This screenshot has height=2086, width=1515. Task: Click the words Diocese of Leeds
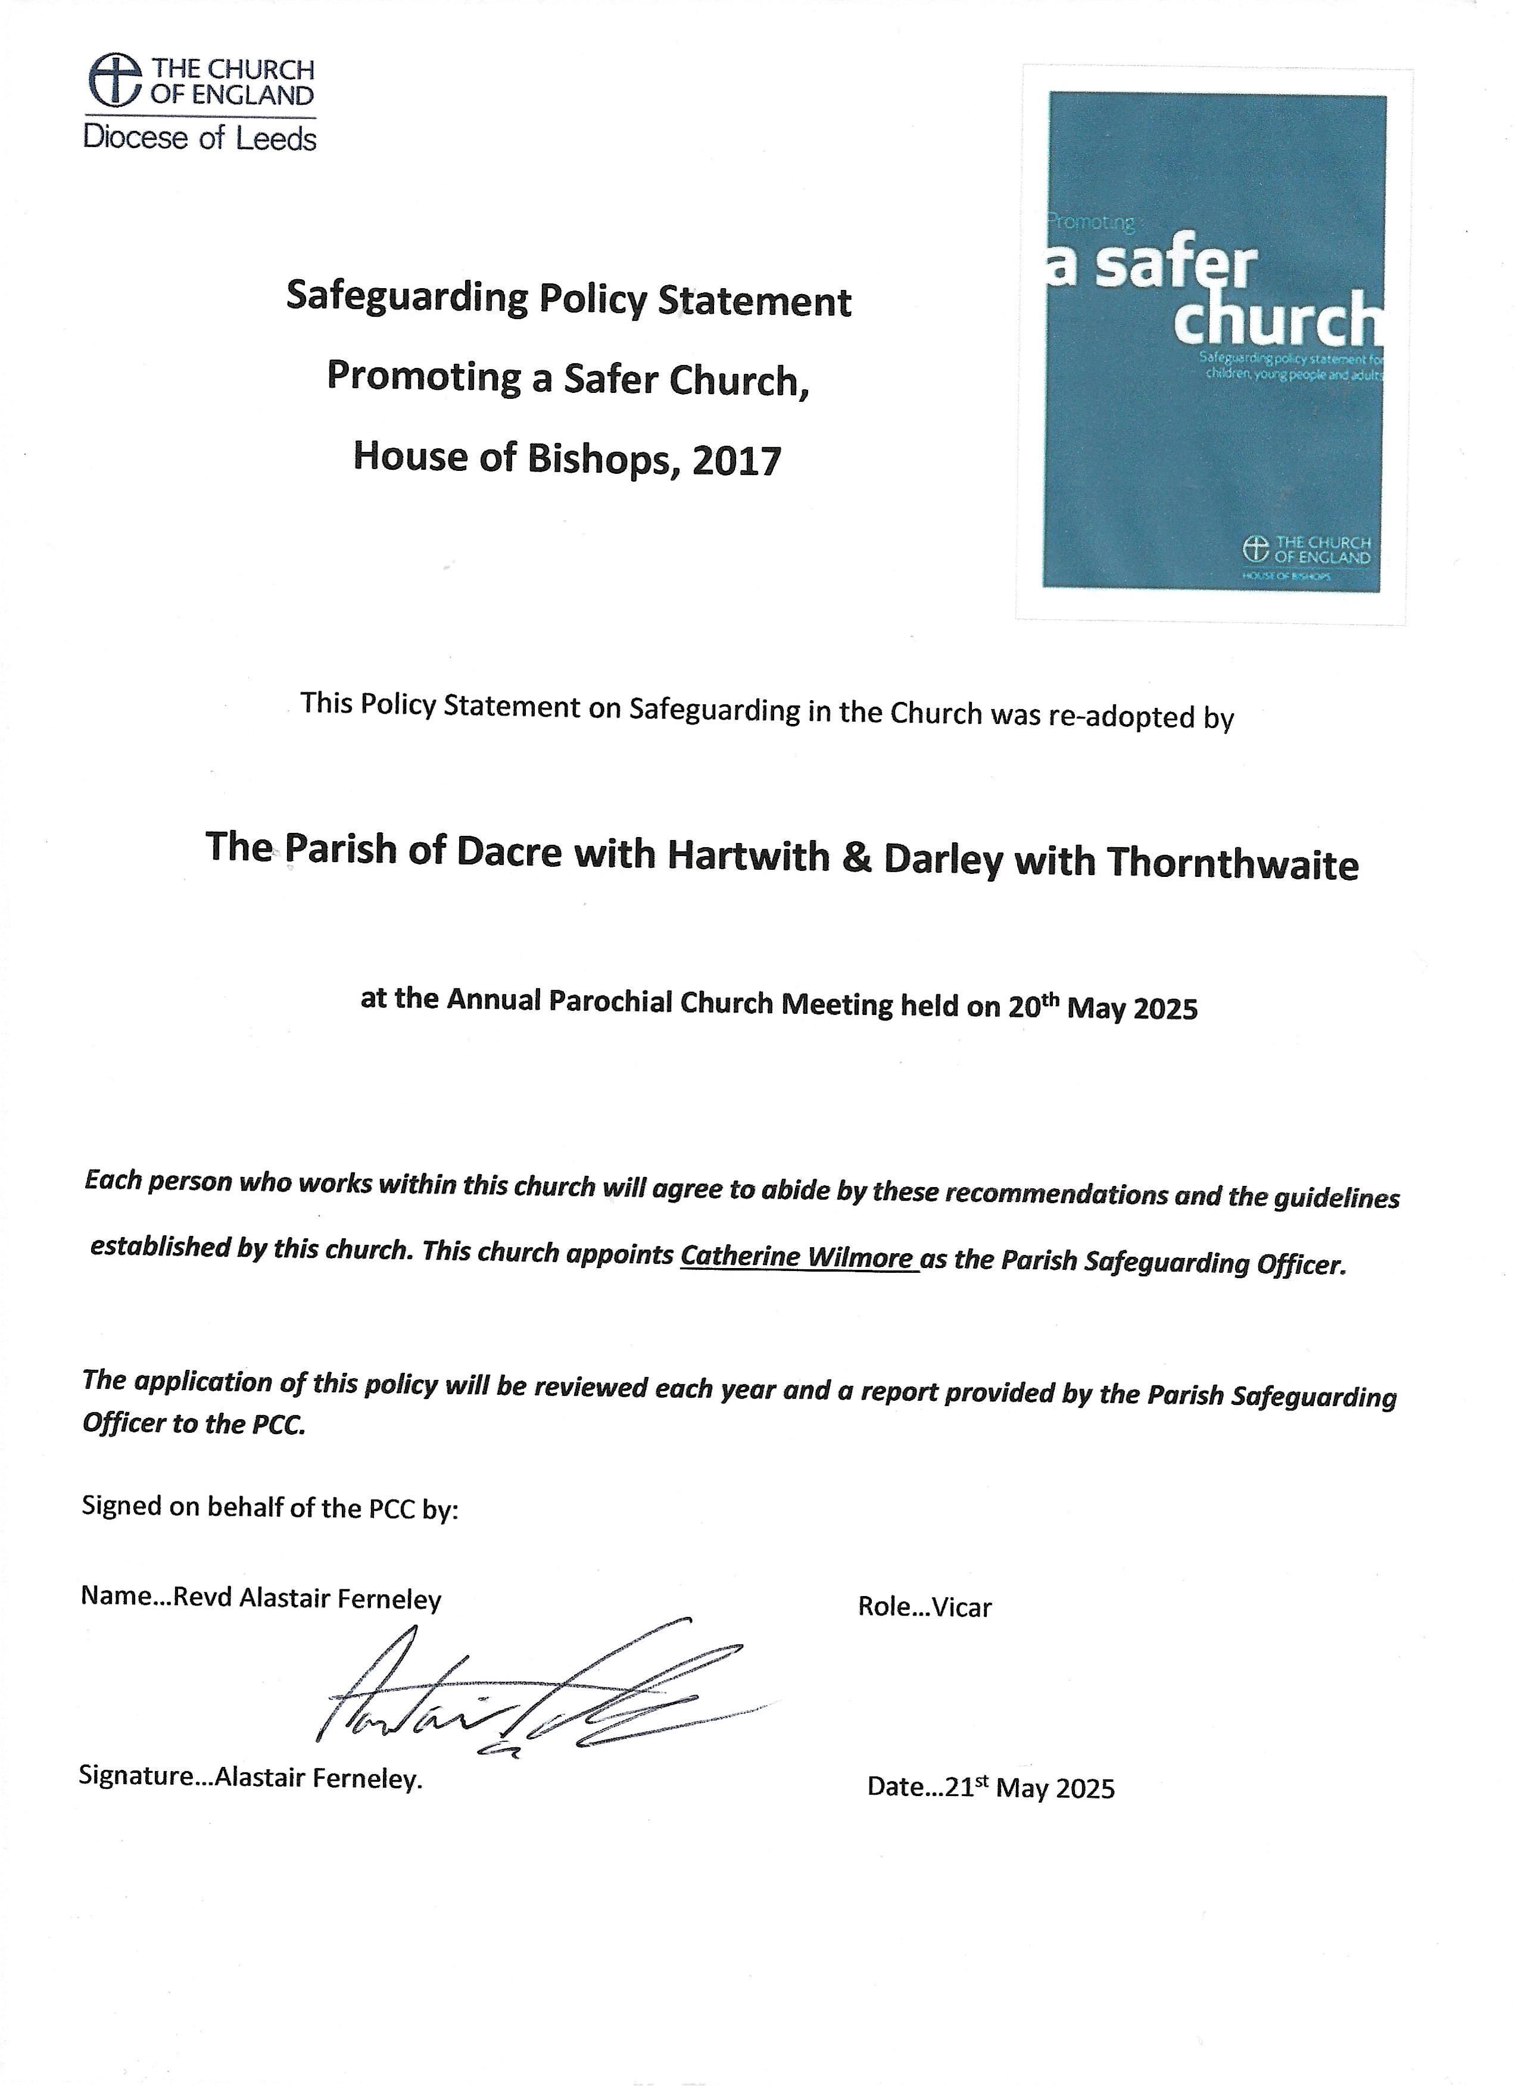click(199, 139)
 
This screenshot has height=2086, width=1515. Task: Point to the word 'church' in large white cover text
click(1279, 319)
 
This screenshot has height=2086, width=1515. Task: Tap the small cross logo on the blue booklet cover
click(1255, 549)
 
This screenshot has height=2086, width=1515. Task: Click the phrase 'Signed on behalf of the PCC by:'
click(270, 1507)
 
